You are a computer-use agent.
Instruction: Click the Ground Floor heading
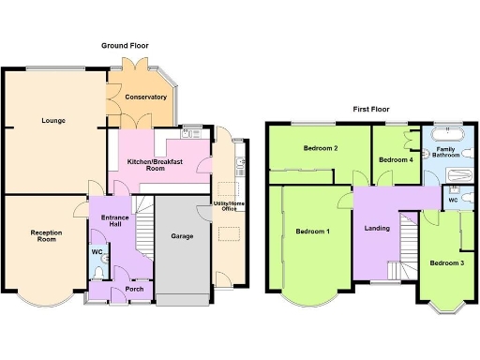click(x=125, y=45)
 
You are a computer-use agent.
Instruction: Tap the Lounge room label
click(x=52, y=121)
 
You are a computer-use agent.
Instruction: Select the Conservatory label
click(x=146, y=97)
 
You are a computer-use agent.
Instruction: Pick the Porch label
click(x=120, y=289)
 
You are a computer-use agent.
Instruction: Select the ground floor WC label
click(x=97, y=251)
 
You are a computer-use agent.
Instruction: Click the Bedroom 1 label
click(x=312, y=231)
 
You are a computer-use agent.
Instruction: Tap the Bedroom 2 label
click(x=321, y=148)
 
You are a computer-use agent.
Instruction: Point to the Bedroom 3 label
click(x=446, y=262)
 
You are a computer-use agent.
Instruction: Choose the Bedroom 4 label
click(x=395, y=160)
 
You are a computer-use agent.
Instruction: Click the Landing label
click(x=377, y=228)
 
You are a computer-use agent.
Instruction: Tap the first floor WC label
click(x=451, y=200)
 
